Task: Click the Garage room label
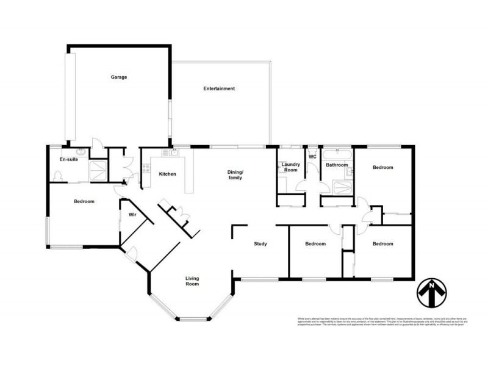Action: click(118, 77)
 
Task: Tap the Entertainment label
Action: click(219, 89)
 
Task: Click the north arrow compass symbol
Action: click(432, 293)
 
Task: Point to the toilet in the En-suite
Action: click(58, 176)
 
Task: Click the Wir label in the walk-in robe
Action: click(131, 214)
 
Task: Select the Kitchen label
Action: click(167, 174)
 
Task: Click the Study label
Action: click(262, 244)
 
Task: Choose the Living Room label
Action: click(193, 281)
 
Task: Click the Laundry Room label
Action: click(290, 167)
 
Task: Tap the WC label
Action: click(312, 157)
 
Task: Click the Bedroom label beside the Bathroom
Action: click(383, 167)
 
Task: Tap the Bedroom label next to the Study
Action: click(315, 244)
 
